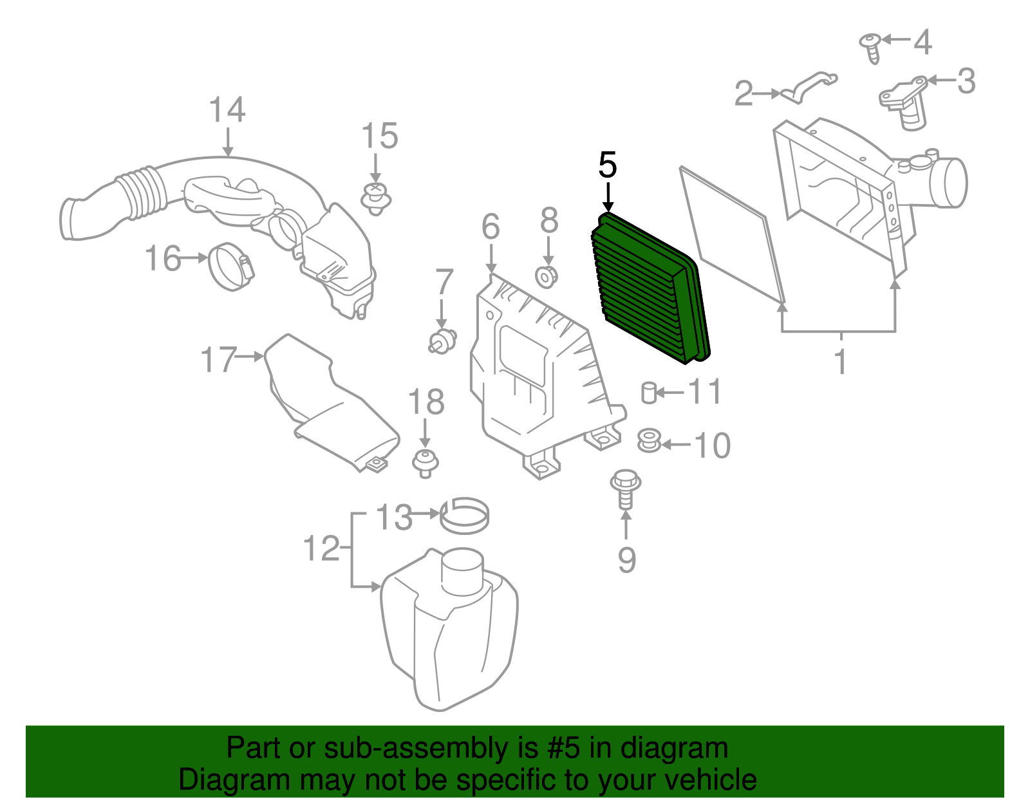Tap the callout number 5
click(607, 166)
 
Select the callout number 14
click(227, 110)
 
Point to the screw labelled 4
click(871, 46)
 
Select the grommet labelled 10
click(649, 441)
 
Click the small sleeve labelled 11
click(649, 392)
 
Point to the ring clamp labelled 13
click(464, 515)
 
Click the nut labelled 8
click(547, 277)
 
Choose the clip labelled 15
click(376, 198)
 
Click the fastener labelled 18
click(425, 463)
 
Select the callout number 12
click(321, 548)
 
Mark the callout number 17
click(219, 360)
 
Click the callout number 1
click(841, 362)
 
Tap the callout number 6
click(491, 227)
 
